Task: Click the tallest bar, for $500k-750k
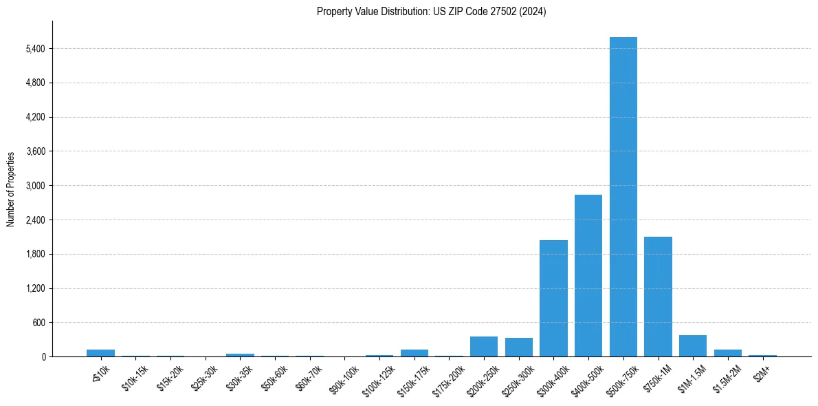[x=623, y=197]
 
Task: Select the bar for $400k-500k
[x=588, y=275]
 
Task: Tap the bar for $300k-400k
[x=553, y=298]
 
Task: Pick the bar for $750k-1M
[x=658, y=297]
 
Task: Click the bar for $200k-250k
[x=484, y=347]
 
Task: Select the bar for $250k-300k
[x=519, y=348]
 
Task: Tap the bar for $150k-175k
[x=414, y=353]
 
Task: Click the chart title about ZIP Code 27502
[x=432, y=12]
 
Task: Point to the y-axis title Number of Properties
[x=11, y=189]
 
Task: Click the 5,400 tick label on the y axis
[x=35, y=49]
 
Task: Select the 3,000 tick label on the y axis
[x=35, y=186]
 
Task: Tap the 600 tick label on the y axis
[x=38, y=323]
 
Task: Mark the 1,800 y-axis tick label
[x=35, y=254]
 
